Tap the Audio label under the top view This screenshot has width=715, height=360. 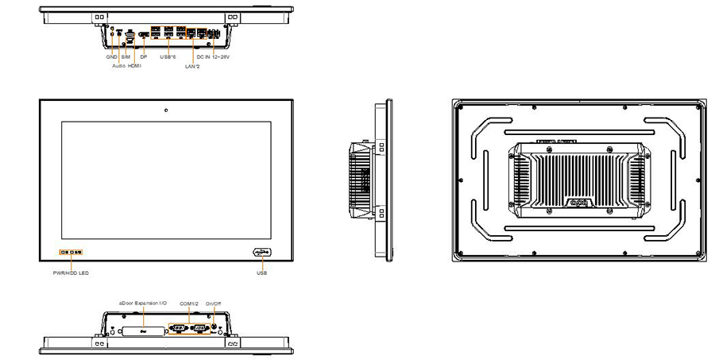click(118, 67)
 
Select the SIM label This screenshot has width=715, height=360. click(126, 57)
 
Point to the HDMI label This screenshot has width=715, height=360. click(135, 67)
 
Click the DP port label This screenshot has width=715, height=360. click(143, 57)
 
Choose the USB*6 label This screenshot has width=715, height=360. click(167, 57)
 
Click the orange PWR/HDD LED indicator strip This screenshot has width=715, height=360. click(70, 253)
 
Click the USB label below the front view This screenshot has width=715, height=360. click(262, 272)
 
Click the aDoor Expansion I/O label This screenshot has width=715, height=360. click(143, 303)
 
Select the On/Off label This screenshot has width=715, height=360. click(214, 303)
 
